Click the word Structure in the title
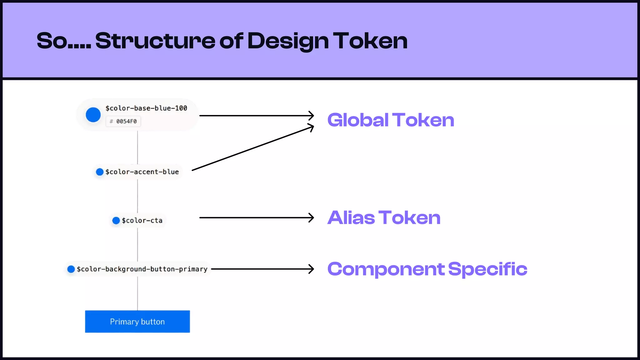coord(155,41)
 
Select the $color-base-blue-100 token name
coord(146,108)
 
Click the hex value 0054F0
coord(126,122)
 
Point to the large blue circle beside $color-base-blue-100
coord(93,115)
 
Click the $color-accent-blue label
coord(142,172)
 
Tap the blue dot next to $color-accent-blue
coord(100,172)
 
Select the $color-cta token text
coord(142,221)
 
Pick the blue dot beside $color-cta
coord(116,221)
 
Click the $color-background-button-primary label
coord(142,269)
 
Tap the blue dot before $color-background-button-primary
coord(71,269)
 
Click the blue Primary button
coord(137,322)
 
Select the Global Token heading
coord(391,120)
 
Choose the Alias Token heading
coord(384,217)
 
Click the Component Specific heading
coord(427,269)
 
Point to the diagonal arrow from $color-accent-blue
coord(252,148)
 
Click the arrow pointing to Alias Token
coord(256,217)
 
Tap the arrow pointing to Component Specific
coord(262,269)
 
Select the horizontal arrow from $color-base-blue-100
coord(256,116)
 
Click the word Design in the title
coord(288,41)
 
